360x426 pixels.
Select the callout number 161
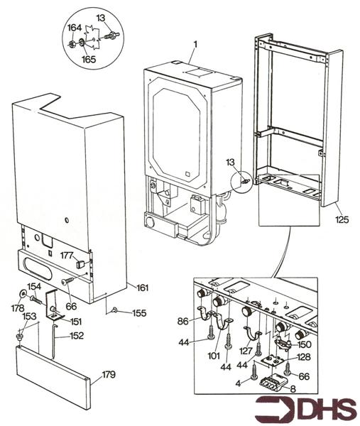[142, 288]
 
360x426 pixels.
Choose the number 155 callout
[139, 312]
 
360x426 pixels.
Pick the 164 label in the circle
[74, 28]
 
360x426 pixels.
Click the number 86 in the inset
[183, 322]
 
